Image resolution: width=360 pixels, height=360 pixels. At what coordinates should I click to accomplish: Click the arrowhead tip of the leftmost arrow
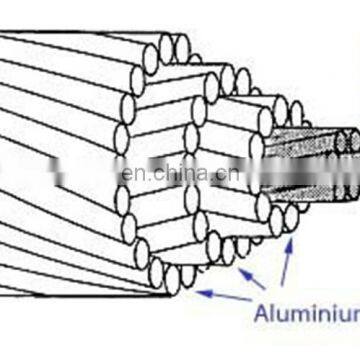pyautogui.click(x=198, y=292)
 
